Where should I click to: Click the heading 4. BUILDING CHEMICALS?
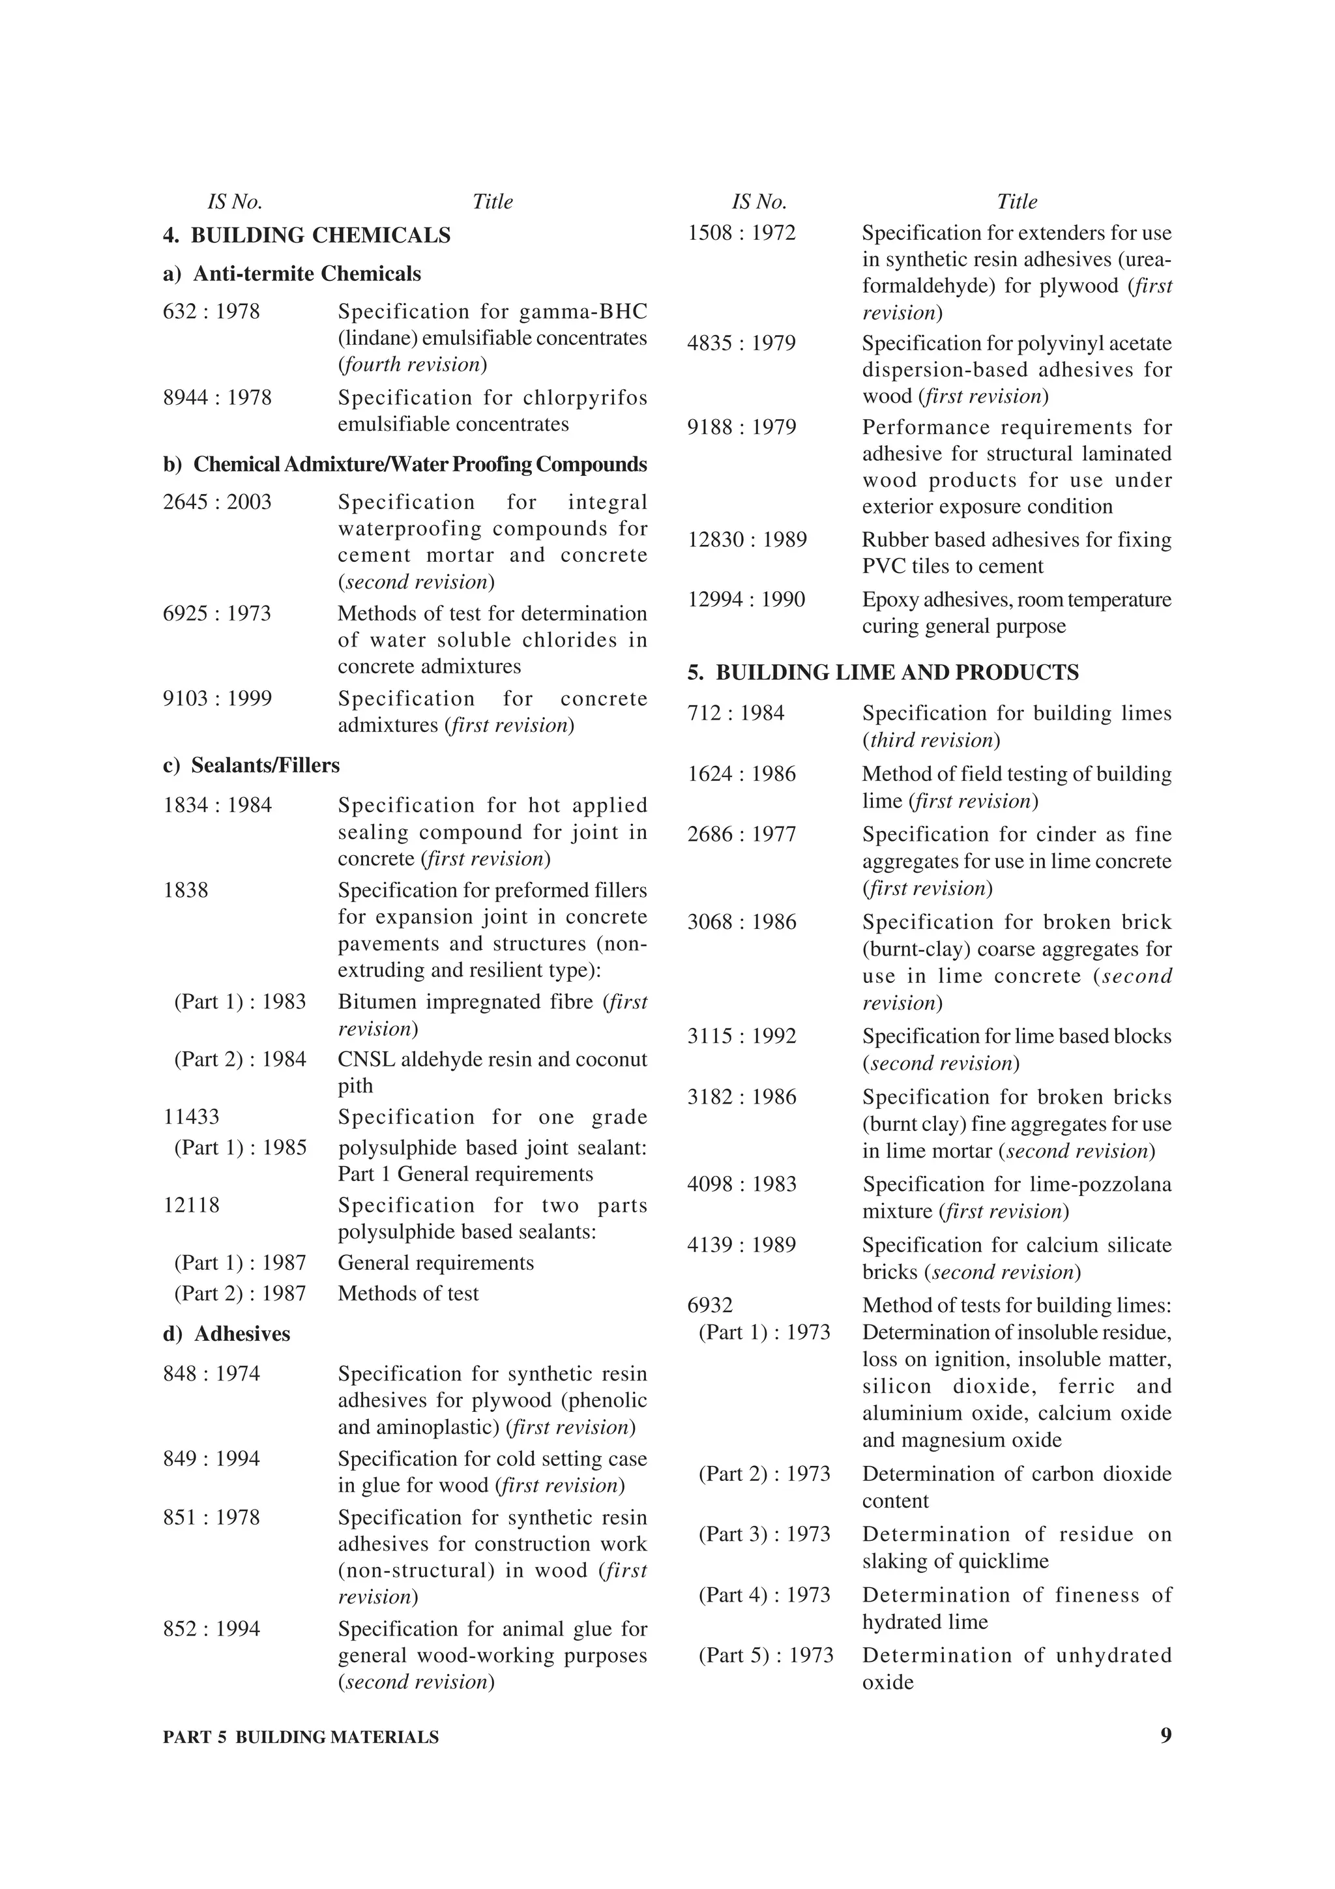click(x=307, y=235)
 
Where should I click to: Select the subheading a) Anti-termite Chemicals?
click(x=292, y=274)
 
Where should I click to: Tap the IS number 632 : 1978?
click(x=211, y=312)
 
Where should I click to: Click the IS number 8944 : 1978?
click(x=216, y=398)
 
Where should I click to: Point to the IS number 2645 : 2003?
click(x=217, y=502)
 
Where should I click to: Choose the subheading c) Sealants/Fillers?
click(x=251, y=766)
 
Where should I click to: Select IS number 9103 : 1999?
click(x=217, y=699)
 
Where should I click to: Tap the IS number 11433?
click(x=192, y=1117)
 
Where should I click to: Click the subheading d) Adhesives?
click(x=226, y=1334)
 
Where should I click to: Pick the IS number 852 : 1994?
click(x=211, y=1629)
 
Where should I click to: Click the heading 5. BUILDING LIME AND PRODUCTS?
click(x=883, y=673)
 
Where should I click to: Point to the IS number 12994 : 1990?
click(x=746, y=600)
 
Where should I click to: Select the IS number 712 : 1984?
click(x=736, y=713)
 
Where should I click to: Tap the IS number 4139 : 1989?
click(x=742, y=1245)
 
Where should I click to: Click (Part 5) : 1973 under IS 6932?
click(x=766, y=1656)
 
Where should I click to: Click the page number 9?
click(x=1166, y=1736)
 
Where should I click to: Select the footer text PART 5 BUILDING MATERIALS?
click(x=301, y=1738)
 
